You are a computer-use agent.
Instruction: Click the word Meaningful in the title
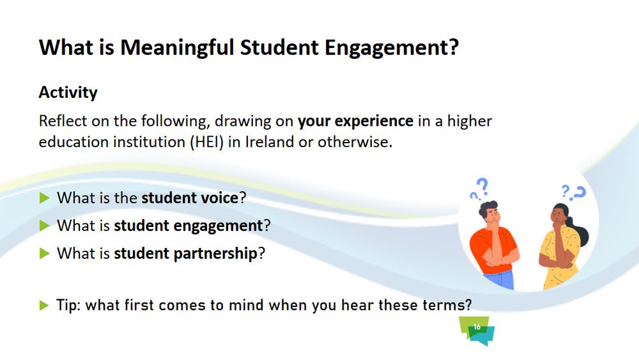tap(177, 49)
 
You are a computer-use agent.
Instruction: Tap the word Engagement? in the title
tap(392, 49)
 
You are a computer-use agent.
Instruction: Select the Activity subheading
tap(68, 93)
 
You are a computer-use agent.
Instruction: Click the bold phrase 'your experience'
tap(355, 121)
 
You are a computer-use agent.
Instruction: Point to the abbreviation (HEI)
tap(207, 142)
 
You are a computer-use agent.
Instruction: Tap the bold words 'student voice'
tap(190, 198)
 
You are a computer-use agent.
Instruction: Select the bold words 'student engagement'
tap(189, 226)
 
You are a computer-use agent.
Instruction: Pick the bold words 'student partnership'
tap(185, 254)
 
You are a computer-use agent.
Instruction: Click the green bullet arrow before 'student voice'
tap(45, 198)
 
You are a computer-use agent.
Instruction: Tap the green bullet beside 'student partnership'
tap(45, 254)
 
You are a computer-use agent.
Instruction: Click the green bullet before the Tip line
tap(44, 305)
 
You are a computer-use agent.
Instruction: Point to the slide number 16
tap(477, 327)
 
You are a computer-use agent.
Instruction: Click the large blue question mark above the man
tap(482, 186)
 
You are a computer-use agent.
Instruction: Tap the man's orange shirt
tap(489, 249)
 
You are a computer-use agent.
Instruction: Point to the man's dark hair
tap(488, 208)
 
